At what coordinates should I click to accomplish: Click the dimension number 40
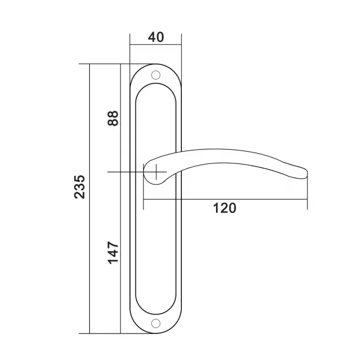[x=156, y=37]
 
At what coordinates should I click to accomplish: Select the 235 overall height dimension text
[x=80, y=187]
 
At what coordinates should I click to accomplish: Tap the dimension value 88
[x=113, y=118]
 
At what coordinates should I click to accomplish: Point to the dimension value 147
[x=113, y=253]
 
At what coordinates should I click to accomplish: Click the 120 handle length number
[x=225, y=208]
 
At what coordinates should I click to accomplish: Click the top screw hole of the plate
[x=156, y=75]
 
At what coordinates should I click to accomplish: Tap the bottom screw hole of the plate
[x=156, y=323]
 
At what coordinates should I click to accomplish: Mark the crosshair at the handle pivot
[x=156, y=172]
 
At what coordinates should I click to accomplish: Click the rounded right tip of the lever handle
[x=306, y=174]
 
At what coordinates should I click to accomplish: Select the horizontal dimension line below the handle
[x=225, y=199]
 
